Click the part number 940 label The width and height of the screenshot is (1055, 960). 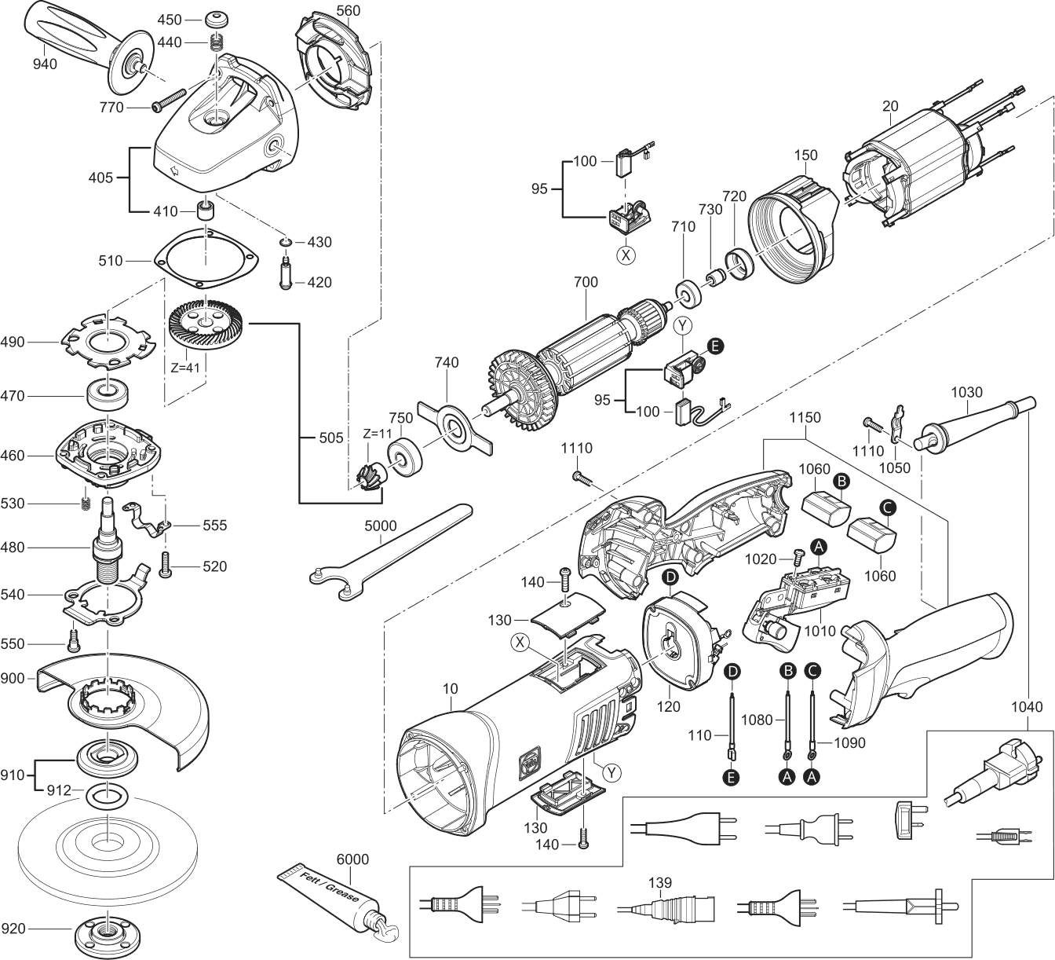click(46, 64)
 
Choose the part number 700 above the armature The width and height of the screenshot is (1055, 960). click(586, 282)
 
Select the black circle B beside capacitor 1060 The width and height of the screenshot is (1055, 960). click(840, 480)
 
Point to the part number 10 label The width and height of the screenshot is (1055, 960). click(450, 689)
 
